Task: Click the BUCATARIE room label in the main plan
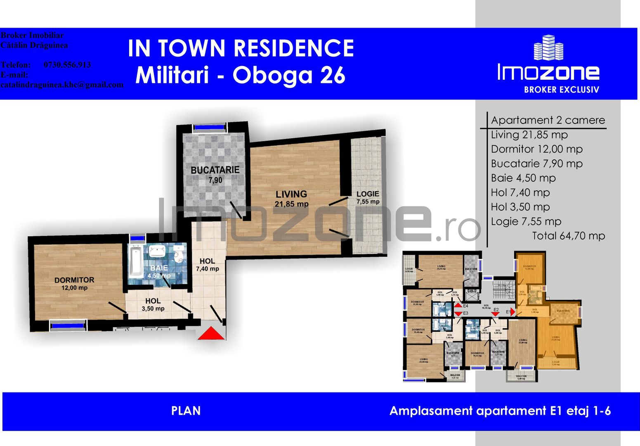(x=215, y=170)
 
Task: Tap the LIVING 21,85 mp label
(x=291, y=199)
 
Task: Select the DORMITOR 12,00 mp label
(x=74, y=283)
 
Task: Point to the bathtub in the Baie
(x=135, y=262)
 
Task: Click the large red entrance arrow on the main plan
(x=211, y=333)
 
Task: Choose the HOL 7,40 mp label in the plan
(x=207, y=265)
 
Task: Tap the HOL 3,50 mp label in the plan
(x=153, y=305)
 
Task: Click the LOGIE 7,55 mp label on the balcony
(x=368, y=197)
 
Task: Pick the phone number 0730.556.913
(x=67, y=65)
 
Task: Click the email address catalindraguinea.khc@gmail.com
(x=62, y=85)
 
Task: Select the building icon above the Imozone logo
(x=548, y=47)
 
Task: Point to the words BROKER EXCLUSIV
(x=561, y=90)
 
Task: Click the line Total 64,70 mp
(x=568, y=236)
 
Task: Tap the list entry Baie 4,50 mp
(x=523, y=178)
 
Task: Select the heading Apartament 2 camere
(x=548, y=120)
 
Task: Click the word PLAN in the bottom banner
(x=186, y=411)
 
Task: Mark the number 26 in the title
(x=333, y=75)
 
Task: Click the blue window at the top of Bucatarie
(x=210, y=127)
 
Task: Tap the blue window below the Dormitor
(x=68, y=326)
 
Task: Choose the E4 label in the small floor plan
(x=465, y=306)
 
